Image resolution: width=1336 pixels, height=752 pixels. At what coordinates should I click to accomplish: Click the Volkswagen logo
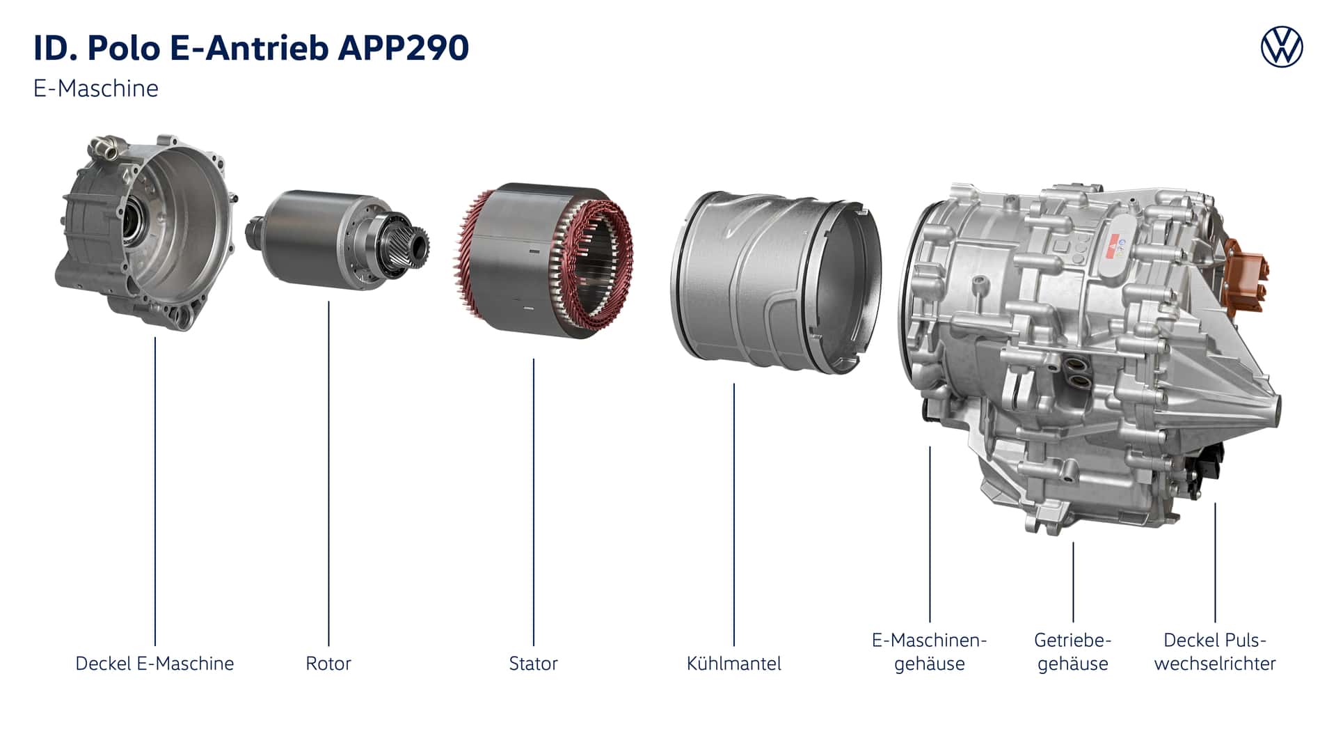[x=1282, y=47]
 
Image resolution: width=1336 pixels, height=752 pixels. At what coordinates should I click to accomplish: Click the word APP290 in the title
[x=403, y=48]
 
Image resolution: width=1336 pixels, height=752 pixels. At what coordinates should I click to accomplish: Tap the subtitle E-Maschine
[x=96, y=88]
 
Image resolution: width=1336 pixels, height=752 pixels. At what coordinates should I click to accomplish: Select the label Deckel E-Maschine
[x=154, y=664]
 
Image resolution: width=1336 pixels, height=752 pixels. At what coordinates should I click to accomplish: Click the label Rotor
[x=328, y=664]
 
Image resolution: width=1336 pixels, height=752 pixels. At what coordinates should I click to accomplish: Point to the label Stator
[x=533, y=664]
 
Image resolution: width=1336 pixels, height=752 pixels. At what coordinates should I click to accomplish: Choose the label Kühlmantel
[x=733, y=664]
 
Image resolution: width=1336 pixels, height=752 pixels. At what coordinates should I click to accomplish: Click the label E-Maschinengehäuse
[x=930, y=652]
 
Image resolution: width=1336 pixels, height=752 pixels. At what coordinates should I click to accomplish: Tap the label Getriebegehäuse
[x=1072, y=652]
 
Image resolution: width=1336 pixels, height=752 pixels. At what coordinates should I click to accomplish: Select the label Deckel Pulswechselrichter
[x=1215, y=652]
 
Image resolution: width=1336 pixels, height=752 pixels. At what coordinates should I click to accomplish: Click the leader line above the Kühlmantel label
[x=733, y=515]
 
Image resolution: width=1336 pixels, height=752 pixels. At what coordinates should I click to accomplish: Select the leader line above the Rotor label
[x=328, y=473]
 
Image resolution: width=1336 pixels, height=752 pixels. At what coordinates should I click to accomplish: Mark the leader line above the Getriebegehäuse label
[x=1073, y=582]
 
